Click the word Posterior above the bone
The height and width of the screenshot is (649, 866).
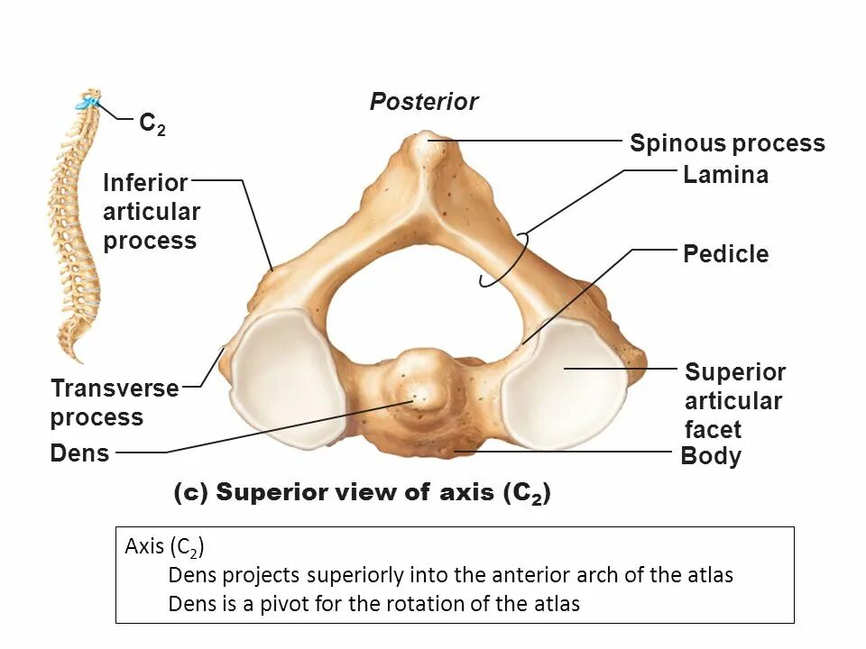point(423,102)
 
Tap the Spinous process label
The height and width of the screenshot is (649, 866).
point(727,143)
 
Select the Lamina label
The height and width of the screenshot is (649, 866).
point(725,175)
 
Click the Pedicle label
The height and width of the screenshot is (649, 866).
point(725,254)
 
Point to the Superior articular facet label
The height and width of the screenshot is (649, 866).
point(734,400)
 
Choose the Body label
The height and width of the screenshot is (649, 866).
point(711,456)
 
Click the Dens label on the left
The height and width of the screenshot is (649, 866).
point(79,453)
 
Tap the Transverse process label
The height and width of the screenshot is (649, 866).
point(114,403)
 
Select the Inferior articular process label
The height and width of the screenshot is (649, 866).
point(151,212)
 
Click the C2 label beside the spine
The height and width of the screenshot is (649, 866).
point(152,123)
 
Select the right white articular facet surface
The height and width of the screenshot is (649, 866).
point(565,382)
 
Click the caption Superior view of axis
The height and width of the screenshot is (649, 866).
point(361,492)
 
